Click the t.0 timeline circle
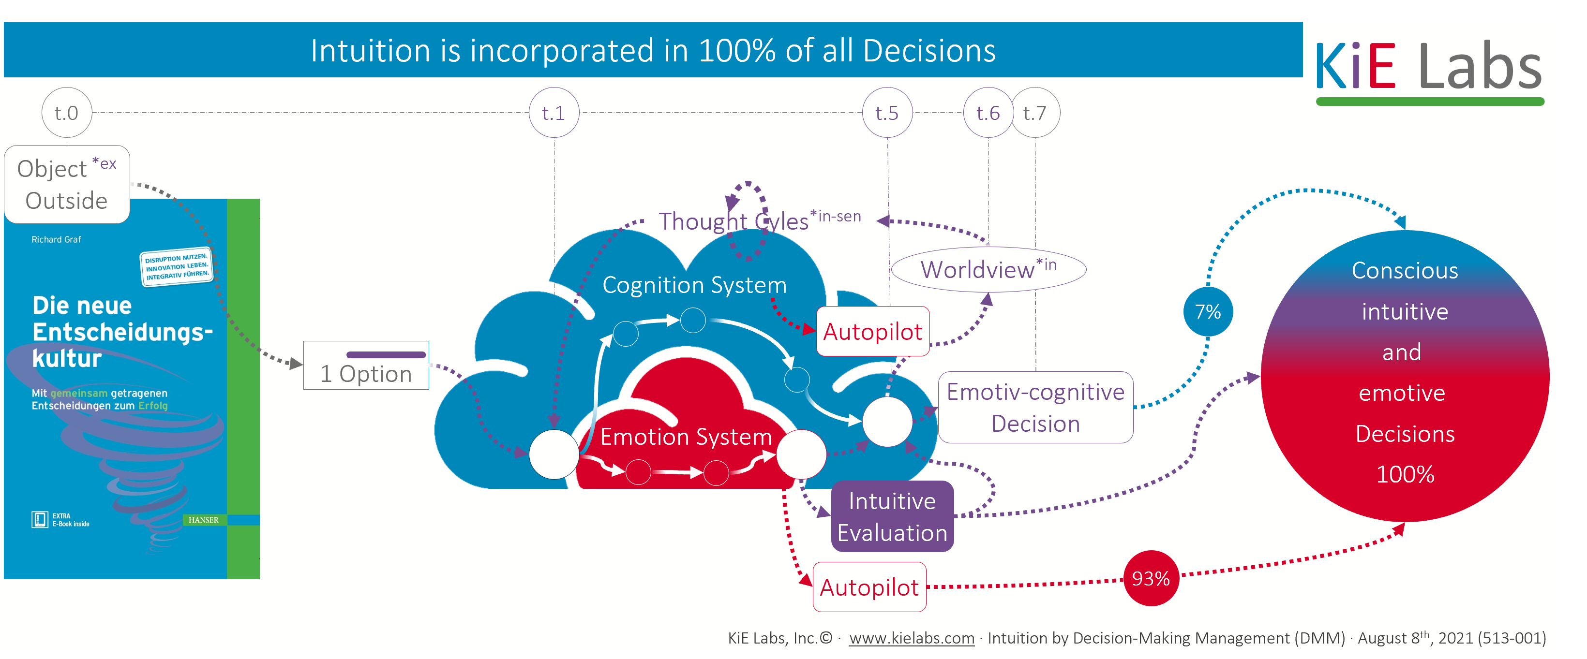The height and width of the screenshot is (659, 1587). (67, 113)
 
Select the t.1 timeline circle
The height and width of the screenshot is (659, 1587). (554, 113)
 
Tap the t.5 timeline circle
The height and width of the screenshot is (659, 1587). (887, 113)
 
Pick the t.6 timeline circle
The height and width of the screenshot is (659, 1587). (988, 113)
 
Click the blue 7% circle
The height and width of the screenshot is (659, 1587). (1208, 312)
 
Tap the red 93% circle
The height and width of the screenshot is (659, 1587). (1151, 578)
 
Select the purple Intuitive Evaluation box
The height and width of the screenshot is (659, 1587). (892, 516)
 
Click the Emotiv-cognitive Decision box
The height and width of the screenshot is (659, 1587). (1035, 407)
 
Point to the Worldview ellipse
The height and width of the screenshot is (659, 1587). (988, 270)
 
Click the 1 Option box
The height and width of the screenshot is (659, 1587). (366, 366)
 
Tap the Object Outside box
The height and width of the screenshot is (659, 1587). (67, 184)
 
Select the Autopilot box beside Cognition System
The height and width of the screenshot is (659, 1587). (872, 331)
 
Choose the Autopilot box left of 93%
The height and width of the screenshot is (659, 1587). (869, 587)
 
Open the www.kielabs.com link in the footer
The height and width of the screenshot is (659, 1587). (912, 638)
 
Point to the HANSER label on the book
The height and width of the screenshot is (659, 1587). (203, 520)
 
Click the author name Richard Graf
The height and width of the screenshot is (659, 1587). (56, 240)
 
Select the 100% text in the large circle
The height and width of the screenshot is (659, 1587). (1405, 474)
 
